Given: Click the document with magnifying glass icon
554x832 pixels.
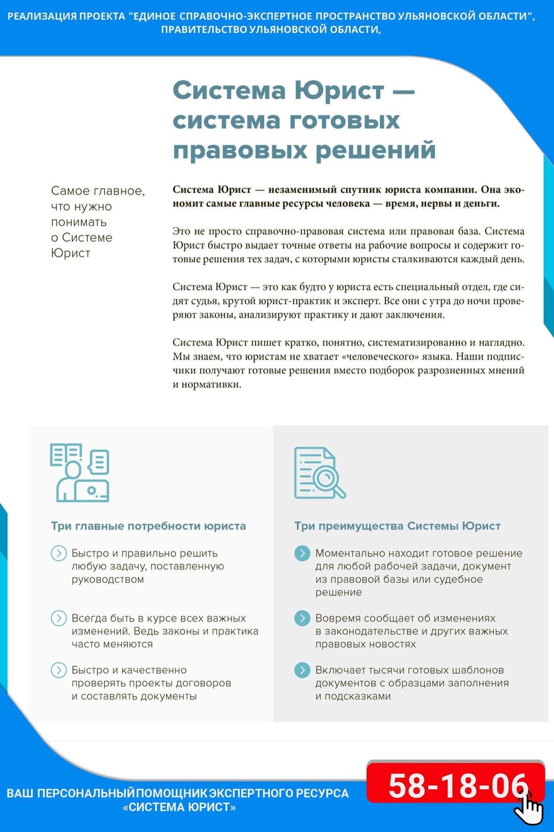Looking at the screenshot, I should [x=319, y=473].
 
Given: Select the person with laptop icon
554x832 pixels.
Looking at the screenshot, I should [x=80, y=473].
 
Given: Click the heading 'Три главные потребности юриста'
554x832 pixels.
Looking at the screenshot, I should [x=148, y=526].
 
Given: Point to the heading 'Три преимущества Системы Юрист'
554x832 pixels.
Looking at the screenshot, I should [x=397, y=526].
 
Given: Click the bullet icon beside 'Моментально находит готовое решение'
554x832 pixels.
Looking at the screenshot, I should [x=302, y=553].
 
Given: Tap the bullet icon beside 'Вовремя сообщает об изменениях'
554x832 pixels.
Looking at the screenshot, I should [x=302, y=618].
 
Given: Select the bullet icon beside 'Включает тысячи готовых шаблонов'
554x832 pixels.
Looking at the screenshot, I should [x=302, y=670].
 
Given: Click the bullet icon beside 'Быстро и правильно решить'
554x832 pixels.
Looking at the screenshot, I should [x=58, y=553].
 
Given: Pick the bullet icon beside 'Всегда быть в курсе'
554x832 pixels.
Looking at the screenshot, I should [x=58, y=618].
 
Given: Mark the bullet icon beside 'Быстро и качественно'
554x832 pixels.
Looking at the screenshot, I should [x=58, y=670].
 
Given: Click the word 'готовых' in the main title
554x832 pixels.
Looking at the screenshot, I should [x=345, y=121].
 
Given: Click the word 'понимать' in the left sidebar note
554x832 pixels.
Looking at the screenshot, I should [x=78, y=222].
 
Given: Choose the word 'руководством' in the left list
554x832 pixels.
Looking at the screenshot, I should [x=108, y=579].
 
